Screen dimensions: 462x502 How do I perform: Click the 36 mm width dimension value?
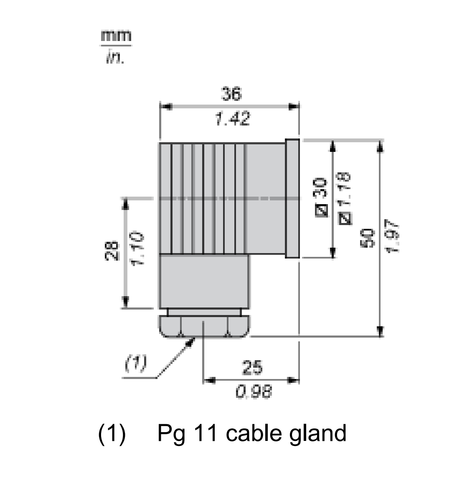[231, 94]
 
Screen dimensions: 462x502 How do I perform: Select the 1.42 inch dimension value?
[232, 119]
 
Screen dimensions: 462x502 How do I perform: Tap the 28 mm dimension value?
[112, 251]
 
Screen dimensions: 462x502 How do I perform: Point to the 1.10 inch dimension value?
[137, 249]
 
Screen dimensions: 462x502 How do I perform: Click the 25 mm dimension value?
[252, 367]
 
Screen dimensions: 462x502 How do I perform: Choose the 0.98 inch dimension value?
[254, 392]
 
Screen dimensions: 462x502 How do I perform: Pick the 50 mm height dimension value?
[368, 238]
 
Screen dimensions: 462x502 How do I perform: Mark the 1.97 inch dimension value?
[393, 236]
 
